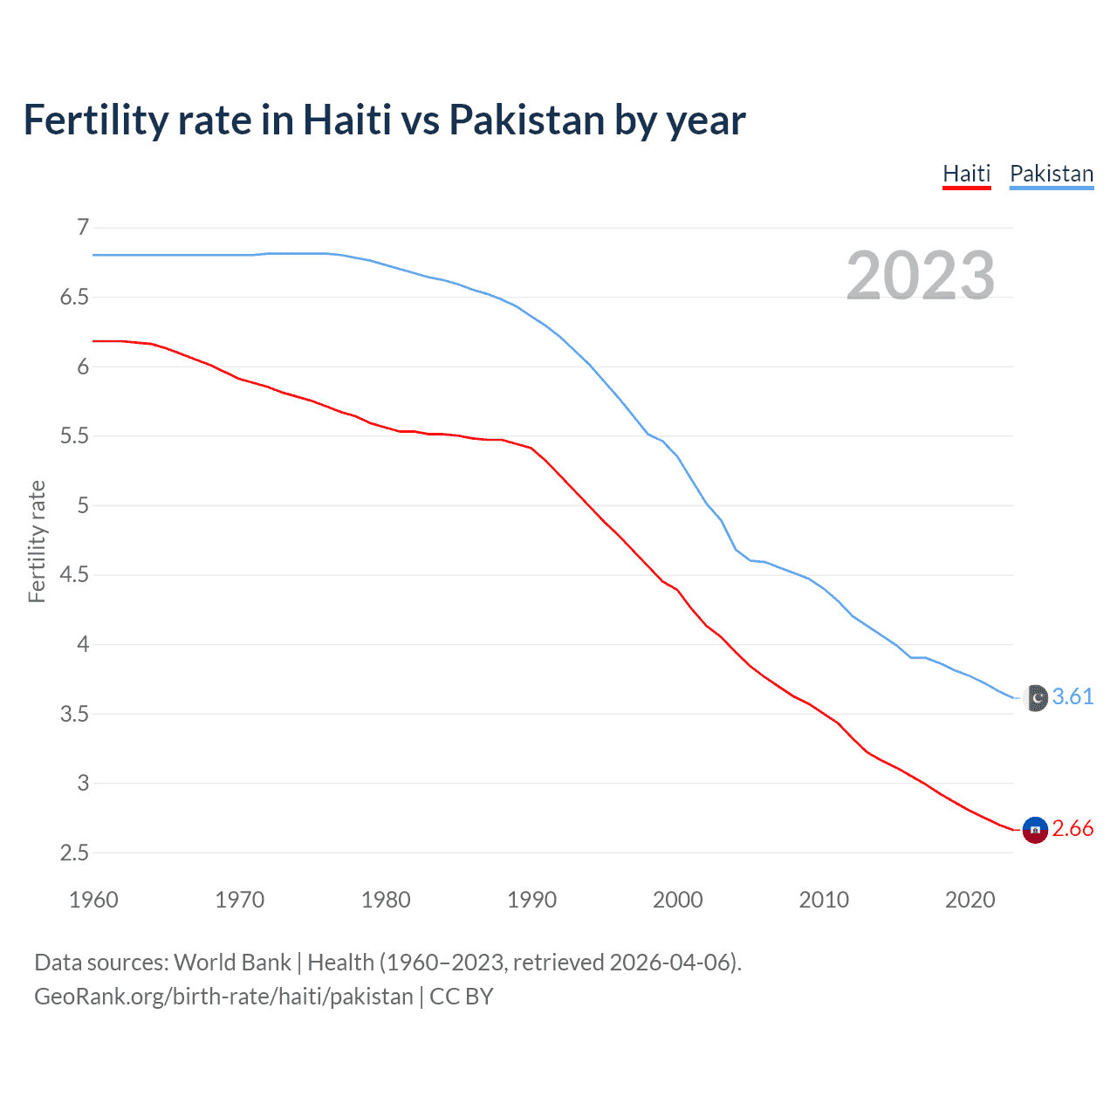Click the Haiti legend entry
[967, 174]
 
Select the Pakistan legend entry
[1052, 174]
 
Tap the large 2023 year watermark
[921, 276]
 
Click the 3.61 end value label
[1072, 696]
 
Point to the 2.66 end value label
[1072, 828]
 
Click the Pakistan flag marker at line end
[1035, 698]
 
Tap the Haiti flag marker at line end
[1035, 830]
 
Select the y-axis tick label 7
[83, 228]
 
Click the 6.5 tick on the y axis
[74, 298]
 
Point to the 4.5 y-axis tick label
[74, 575]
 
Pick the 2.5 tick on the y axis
[74, 853]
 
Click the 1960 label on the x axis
[93, 900]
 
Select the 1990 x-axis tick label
[531, 900]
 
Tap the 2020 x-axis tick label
[970, 900]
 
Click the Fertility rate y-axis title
[37, 541]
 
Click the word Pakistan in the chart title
[526, 120]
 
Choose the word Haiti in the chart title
[347, 120]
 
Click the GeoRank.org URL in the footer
[223, 997]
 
